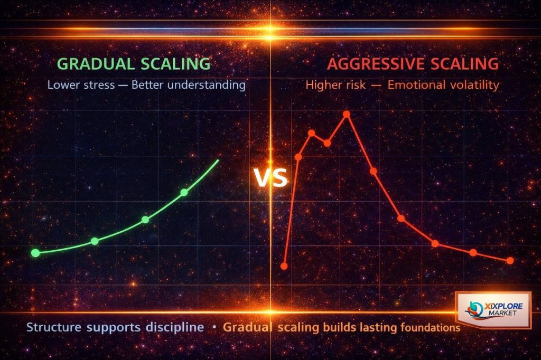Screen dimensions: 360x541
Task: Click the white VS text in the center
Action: (271, 178)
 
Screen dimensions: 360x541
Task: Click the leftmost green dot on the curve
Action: (35, 253)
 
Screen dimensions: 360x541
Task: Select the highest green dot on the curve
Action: (184, 192)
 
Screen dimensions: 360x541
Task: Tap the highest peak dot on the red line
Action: (347, 113)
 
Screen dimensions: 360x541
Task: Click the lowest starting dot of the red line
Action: (284, 266)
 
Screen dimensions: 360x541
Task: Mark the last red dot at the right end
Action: (510, 261)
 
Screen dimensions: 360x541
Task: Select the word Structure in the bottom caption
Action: (53, 327)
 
